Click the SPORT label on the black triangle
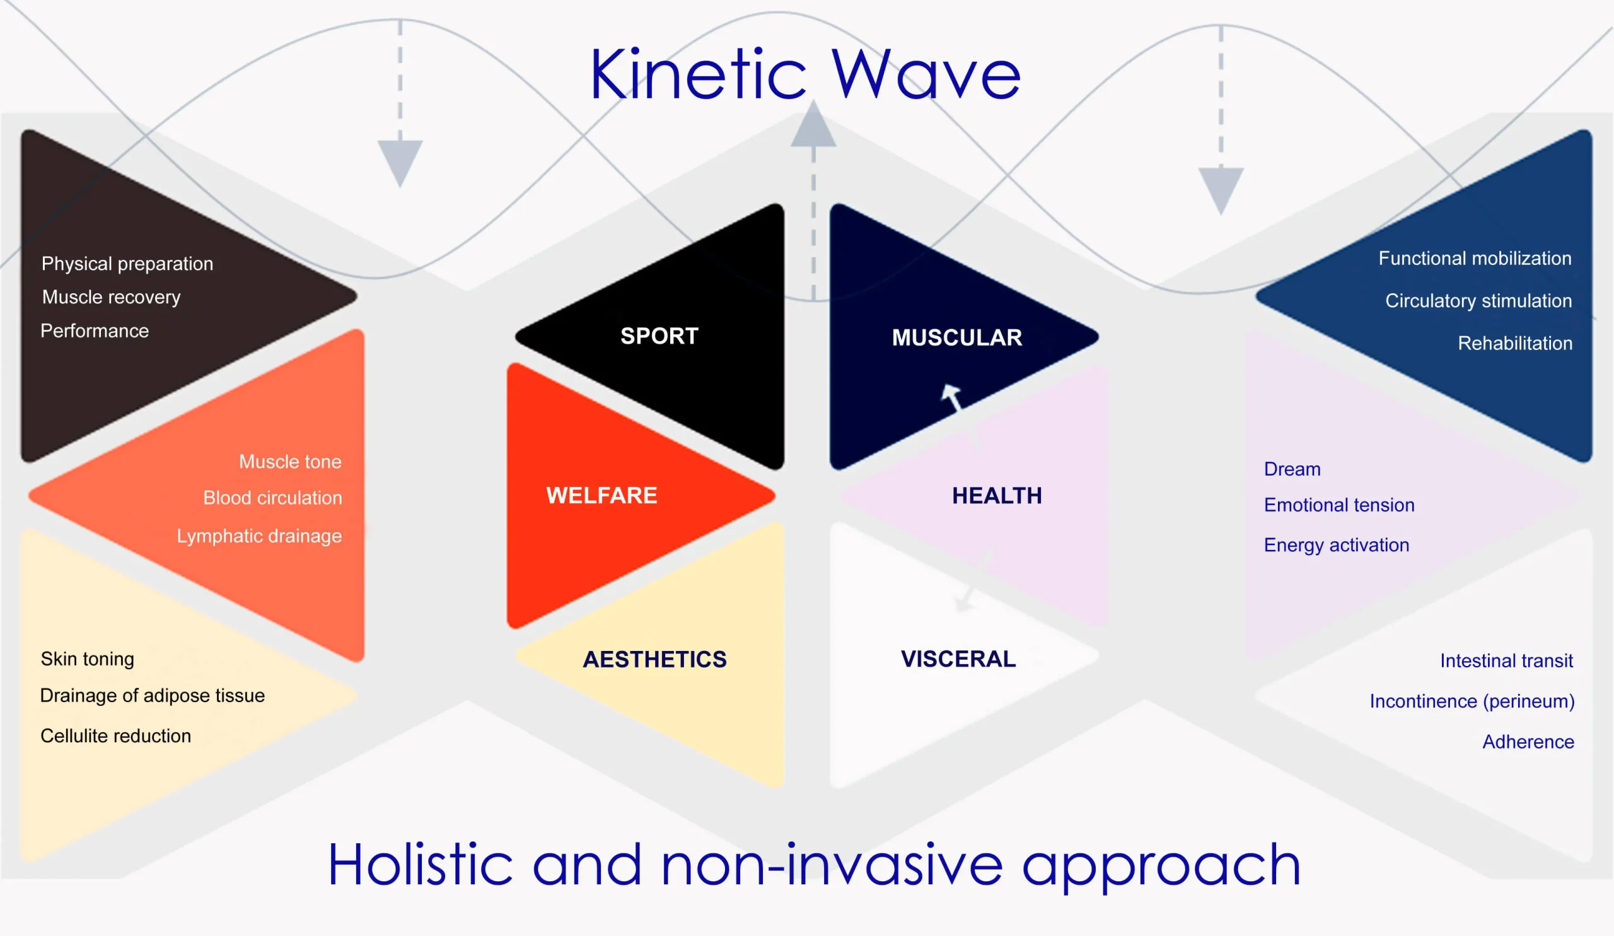[659, 336]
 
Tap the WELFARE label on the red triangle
[601, 495]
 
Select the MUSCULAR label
[957, 337]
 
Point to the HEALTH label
[997, 495]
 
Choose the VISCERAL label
[958, 658]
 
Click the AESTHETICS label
[654, 659]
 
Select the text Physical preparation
[127, 263]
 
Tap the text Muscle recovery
[111, 297]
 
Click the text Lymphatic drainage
[258, 535]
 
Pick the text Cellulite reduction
[115, 735]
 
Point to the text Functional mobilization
[1475, 258]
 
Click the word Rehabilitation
[1515, 343]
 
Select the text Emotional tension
[1338, 505]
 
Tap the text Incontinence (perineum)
[1472, 701]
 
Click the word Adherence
[1528, 741]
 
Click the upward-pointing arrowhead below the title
[813, 126]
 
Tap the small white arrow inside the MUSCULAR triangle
[951, 396]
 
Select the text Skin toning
[87, 658]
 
